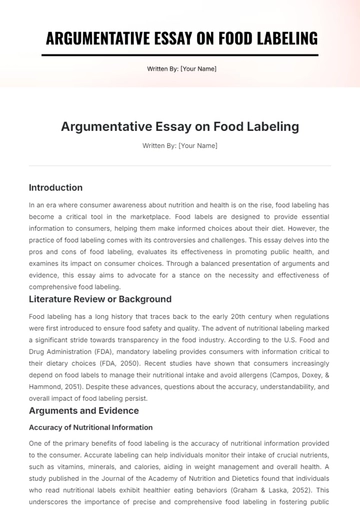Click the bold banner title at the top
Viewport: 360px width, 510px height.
tap(180, 38)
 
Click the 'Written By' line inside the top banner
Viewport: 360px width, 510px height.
tap(180, 69)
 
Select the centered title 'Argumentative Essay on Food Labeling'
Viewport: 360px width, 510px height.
tap(180, 127)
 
